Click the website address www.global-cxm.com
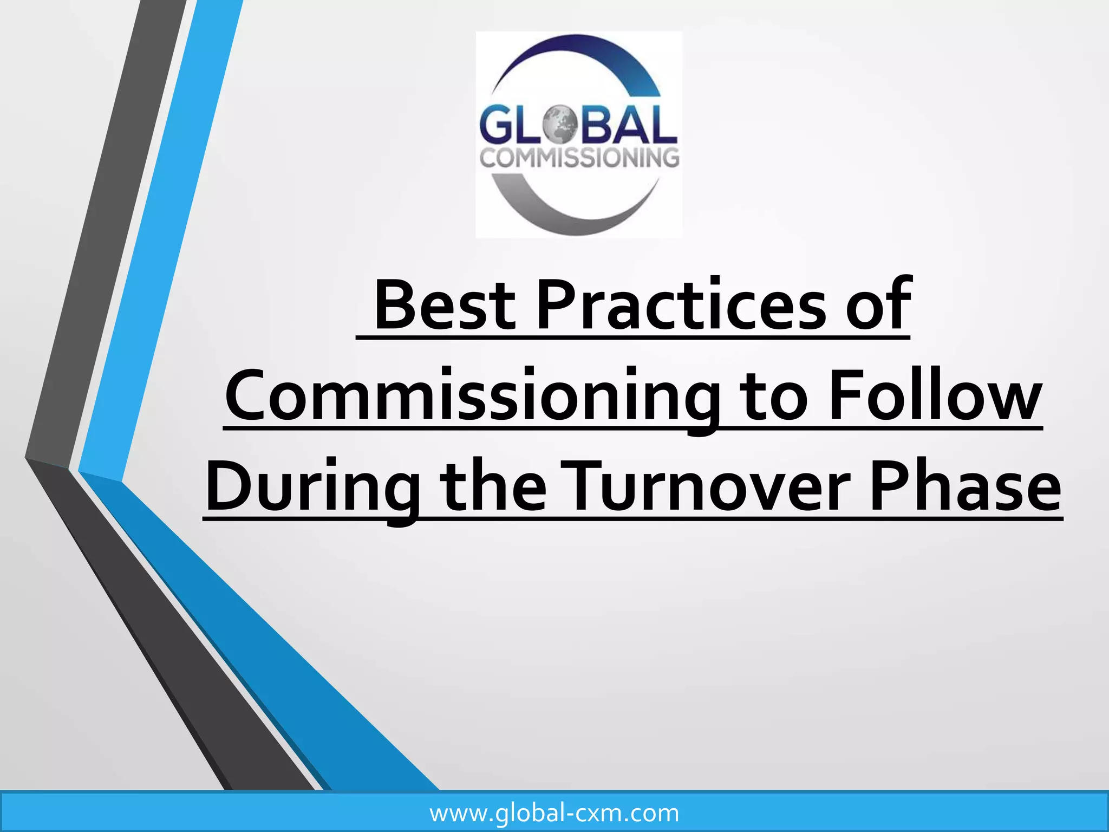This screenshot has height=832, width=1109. pos(554,813)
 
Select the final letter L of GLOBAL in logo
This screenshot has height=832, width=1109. pos(664,126)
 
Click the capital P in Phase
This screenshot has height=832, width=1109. pos(889,486)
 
